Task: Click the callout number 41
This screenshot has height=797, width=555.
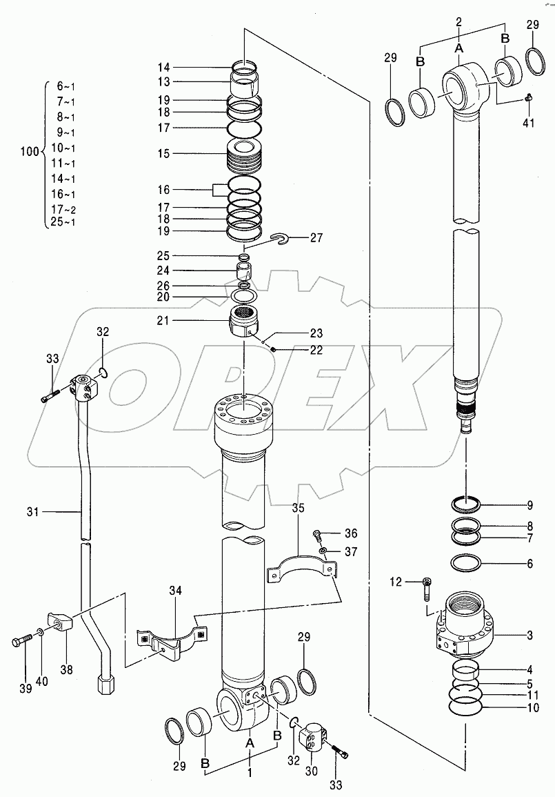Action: [529, 123]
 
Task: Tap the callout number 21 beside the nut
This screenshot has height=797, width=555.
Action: [163, 321]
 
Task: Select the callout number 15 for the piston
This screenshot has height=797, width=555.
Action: [163, 153]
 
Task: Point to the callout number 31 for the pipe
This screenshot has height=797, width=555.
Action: [32, 512]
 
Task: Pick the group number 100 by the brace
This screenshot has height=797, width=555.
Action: [30, 152]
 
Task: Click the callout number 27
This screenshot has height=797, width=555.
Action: [316, 238]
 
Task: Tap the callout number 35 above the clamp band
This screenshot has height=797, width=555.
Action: [298, 508]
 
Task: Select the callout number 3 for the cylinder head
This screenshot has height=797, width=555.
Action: [529, 636]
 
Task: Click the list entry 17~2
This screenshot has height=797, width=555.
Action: [63, 209]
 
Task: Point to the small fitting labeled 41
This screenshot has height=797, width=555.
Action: [529, 97]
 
